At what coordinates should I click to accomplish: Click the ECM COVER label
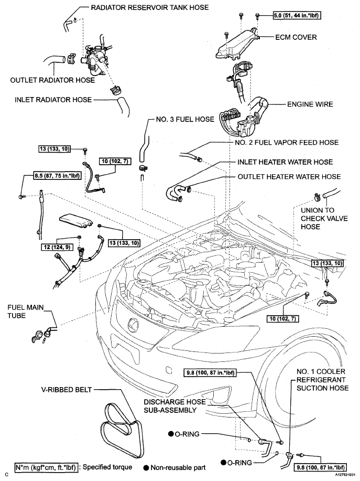(296, 37)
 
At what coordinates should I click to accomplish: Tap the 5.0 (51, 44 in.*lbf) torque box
(297, 15)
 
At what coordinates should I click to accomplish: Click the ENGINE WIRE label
(310, 104)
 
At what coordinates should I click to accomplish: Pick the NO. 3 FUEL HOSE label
(185, 119)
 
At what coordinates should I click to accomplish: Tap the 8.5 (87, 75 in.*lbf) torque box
(57, 176)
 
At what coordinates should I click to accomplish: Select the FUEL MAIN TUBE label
(26, 312)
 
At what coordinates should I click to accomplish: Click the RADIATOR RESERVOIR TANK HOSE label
(150, 7)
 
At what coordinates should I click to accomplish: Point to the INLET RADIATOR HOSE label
(53, 100)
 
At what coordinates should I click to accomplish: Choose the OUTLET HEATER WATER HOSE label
(289, 177)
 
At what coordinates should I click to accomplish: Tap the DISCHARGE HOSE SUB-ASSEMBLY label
(174, 406)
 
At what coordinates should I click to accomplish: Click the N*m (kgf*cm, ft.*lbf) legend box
(46, 467)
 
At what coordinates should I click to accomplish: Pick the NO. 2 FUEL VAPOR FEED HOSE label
(287, 143)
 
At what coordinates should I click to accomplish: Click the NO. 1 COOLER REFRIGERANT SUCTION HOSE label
(322, 380)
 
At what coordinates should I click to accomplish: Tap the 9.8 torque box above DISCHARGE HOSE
(210, 373)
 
